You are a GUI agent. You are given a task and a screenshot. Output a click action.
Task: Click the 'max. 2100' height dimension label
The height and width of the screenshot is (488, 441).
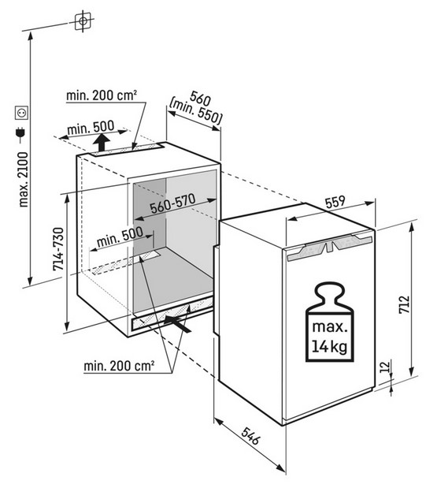click(x=24, y=180)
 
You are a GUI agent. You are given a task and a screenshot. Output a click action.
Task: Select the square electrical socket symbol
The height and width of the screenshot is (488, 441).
click(x=22, y=113)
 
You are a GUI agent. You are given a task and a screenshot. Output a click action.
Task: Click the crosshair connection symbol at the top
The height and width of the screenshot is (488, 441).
click(x=83, y=20)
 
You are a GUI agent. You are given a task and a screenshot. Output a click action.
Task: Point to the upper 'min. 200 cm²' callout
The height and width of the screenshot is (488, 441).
click(x=102, y=95)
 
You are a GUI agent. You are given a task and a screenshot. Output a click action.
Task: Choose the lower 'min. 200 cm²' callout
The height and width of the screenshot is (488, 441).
click(x=119, y=366)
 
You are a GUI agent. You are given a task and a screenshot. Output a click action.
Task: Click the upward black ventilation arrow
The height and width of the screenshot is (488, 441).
click(x=102, y=142)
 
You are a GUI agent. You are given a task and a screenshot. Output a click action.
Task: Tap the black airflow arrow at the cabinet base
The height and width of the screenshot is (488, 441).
click(x=177, y=324)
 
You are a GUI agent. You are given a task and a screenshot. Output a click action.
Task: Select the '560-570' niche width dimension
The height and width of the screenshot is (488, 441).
click(x=172, y=204)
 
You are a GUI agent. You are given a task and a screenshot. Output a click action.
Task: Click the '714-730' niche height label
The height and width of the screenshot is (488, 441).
click(x=58, y=249)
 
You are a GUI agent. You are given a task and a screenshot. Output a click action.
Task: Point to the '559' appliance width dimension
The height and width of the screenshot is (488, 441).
click(x=335, y=201)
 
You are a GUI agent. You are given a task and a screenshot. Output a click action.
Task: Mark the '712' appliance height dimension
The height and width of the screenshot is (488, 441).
click(x=405, y=304)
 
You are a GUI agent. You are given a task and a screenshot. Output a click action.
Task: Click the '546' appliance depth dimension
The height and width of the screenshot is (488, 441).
click(x=250, y=436)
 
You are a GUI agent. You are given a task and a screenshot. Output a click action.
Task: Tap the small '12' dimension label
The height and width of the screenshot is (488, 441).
click(x=385, y=367)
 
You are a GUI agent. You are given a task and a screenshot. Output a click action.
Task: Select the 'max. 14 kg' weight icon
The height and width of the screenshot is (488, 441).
click(x=330, y=322)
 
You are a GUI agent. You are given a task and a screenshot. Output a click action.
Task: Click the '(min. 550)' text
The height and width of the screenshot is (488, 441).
click(x=195, y=112)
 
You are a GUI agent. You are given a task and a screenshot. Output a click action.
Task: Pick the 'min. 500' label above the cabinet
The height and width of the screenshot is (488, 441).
click(x=91, y=128)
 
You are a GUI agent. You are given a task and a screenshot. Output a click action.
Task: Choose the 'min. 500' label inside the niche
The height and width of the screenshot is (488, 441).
click(x=120, y=237)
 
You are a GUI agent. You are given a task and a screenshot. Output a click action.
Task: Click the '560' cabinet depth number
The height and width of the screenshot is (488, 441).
click(x=201, y=98)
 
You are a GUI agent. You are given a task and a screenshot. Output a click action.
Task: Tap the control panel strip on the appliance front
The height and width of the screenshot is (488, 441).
click(x=329, y=248)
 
